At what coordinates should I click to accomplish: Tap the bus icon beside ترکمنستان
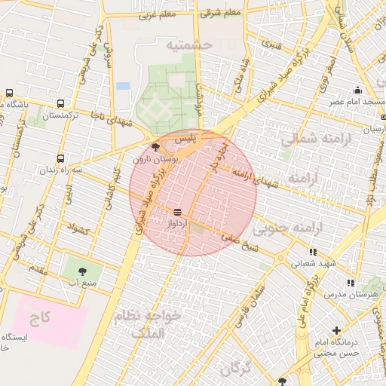pos(60,104)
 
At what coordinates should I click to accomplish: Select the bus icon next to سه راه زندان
pos(60,159)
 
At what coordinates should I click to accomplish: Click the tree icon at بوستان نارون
pos(155,147)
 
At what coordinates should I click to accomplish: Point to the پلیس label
pos(185,139)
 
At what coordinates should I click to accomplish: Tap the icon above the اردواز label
pos(177,212)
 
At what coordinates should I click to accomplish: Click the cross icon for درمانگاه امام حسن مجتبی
pos(336,330)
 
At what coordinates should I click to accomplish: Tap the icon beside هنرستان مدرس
pos(351,283)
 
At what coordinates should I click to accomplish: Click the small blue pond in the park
pos(123,86)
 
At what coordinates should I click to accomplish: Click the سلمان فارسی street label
pos(249,306)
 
